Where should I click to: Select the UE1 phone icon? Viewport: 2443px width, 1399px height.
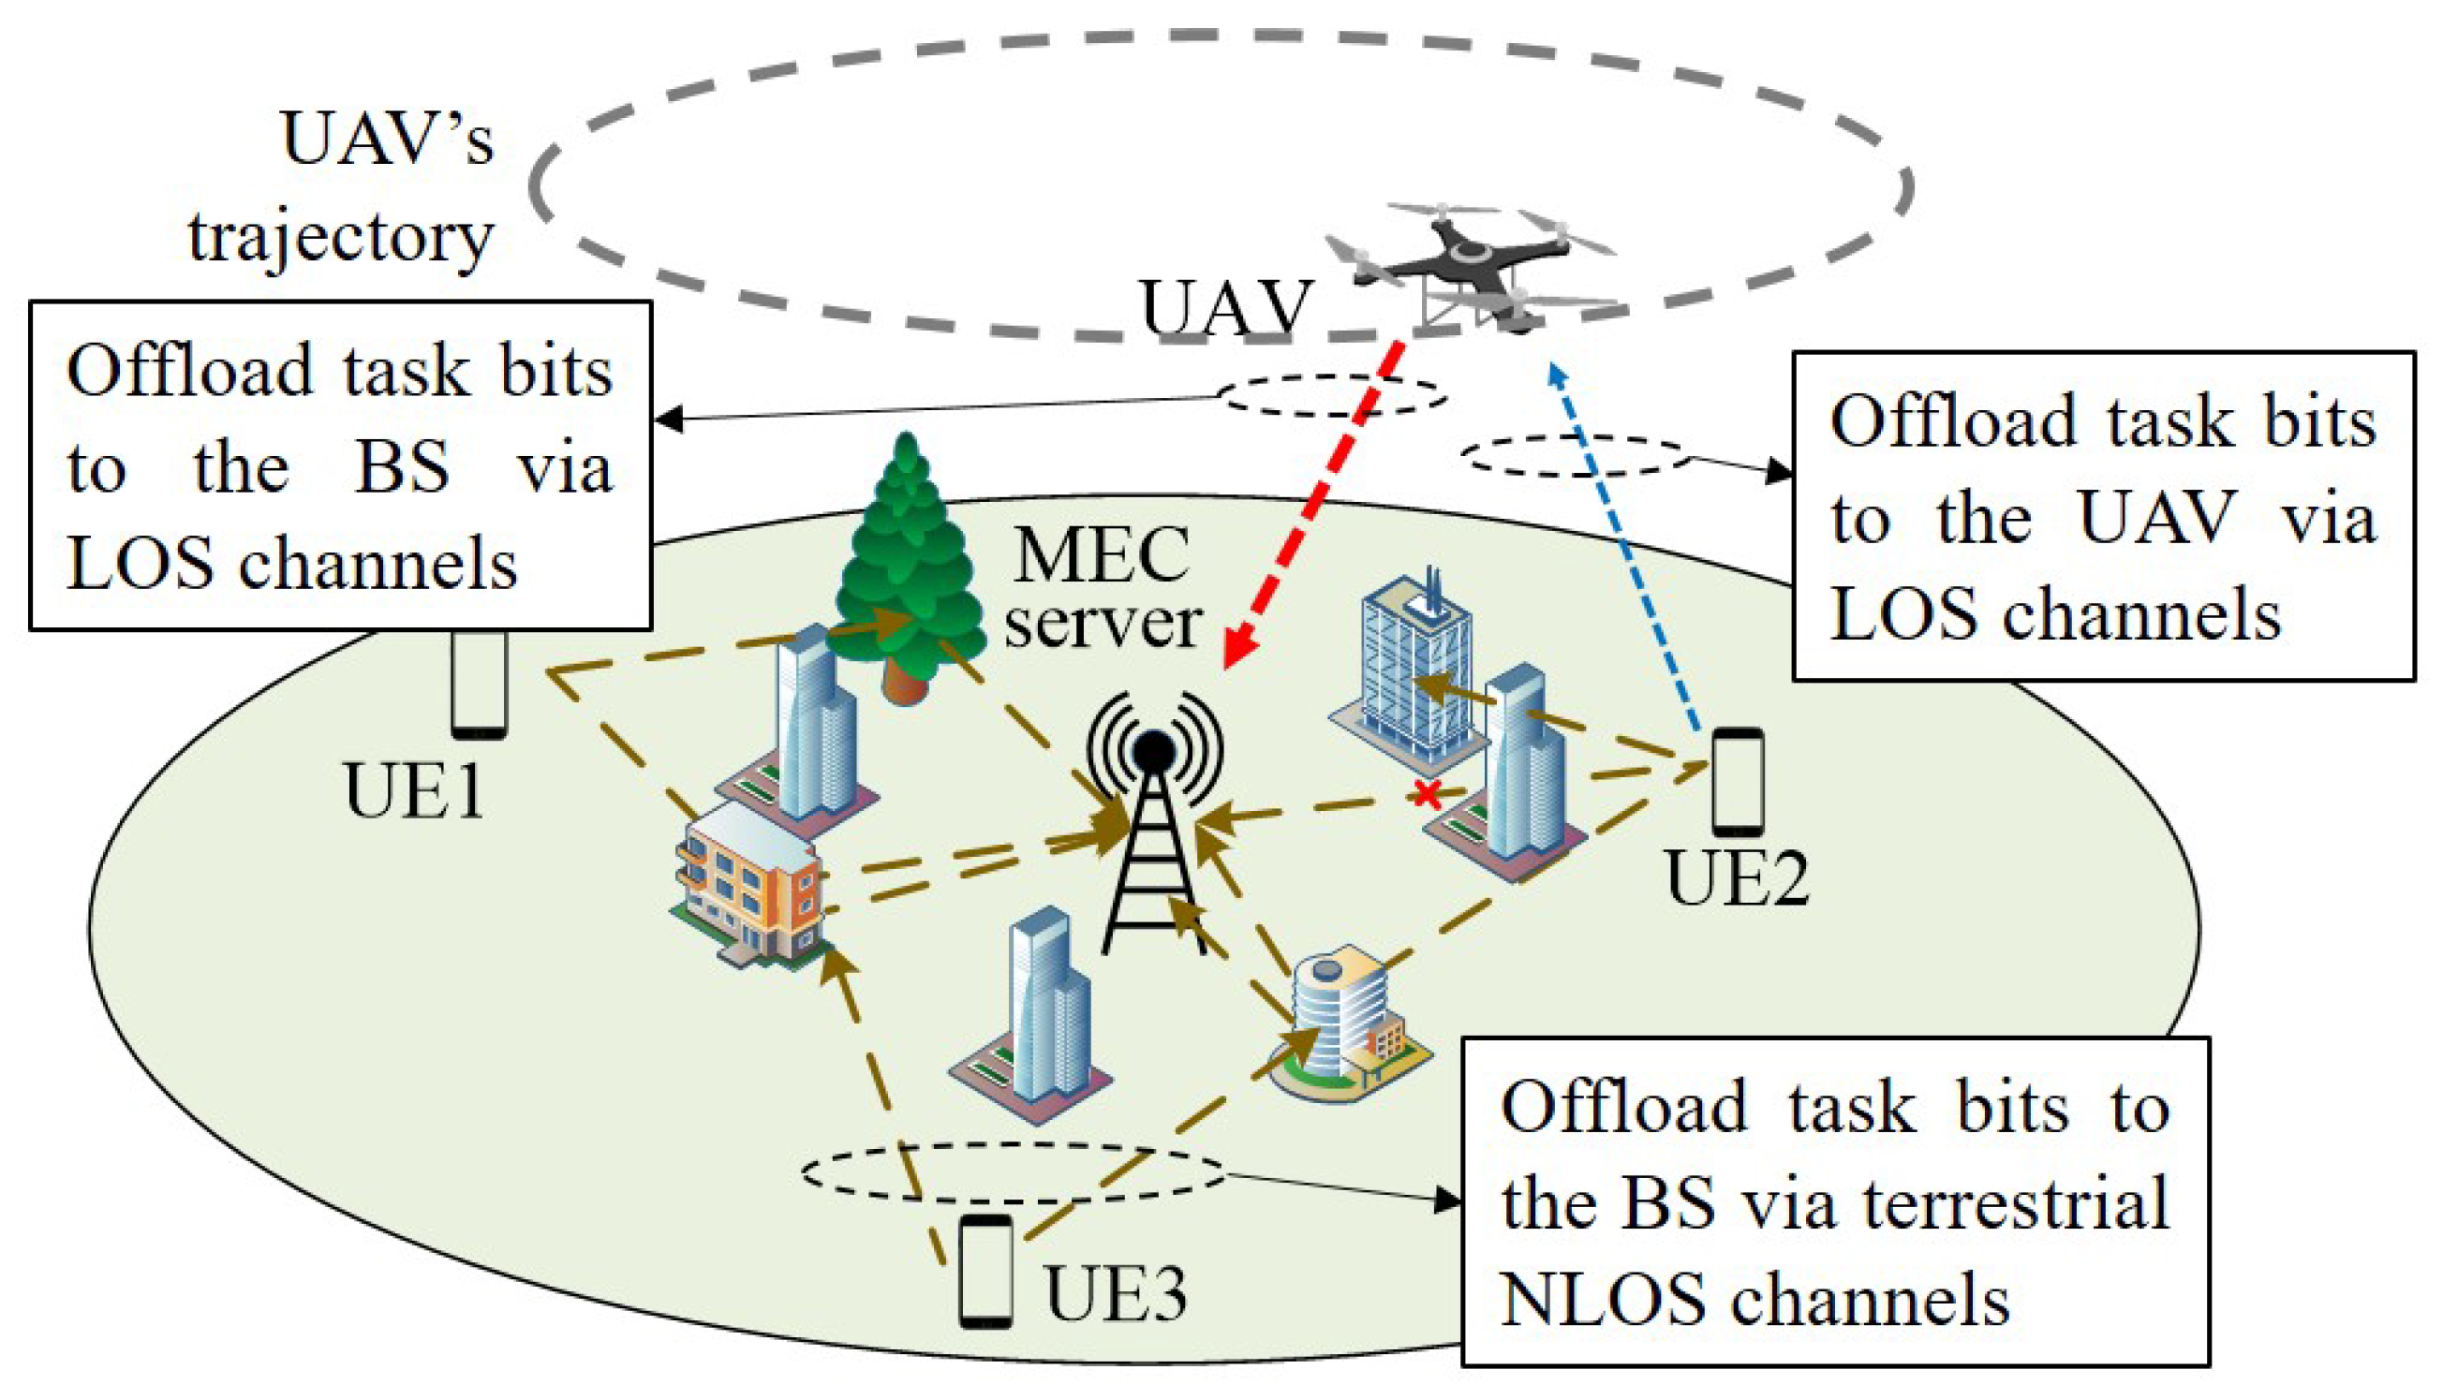click(479, 685)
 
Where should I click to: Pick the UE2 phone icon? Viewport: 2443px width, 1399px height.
click(1738, 781)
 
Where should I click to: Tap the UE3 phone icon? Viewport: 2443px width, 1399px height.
click(986, 1272)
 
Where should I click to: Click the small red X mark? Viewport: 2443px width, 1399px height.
click(1429, 795)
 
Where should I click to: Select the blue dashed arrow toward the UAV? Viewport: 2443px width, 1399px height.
click(1624, 548)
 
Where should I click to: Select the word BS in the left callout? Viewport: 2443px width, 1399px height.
click(401, 468)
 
